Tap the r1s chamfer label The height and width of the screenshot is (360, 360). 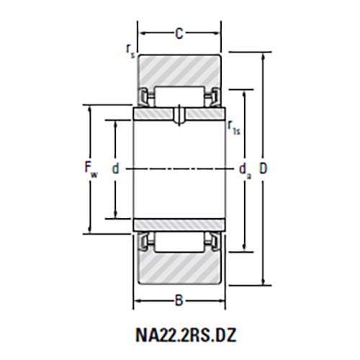pyautogui.click(x=234, y=127)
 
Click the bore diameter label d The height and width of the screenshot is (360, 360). pyautogui.click(x=114, y=169)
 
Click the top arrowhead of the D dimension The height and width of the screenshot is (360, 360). pyautogui.click(x=262, y=57)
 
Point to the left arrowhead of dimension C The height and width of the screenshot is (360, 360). pyautogui.click(x=140, y=32)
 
